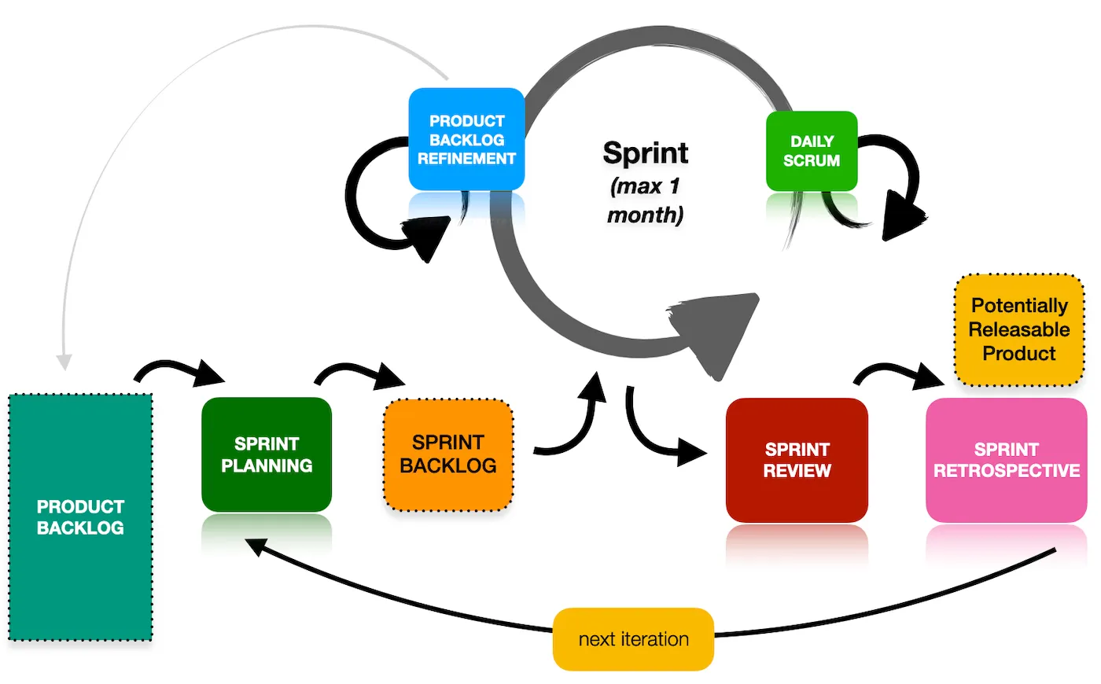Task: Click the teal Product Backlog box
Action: click(80, 517)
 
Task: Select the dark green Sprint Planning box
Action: click(267, 454)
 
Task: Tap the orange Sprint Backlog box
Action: click(448, 454)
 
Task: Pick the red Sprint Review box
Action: click(797, 460)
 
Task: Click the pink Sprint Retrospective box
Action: click(1006, 460)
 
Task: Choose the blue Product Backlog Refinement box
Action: click(466, 139)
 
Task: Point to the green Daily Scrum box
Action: click(812, 151)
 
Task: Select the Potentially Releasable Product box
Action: click(1019, 329)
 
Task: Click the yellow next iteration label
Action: click(633, 639)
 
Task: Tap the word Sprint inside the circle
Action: click(646, 153)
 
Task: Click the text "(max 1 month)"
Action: click(645, 200)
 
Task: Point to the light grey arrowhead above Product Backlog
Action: click(64, 362)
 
